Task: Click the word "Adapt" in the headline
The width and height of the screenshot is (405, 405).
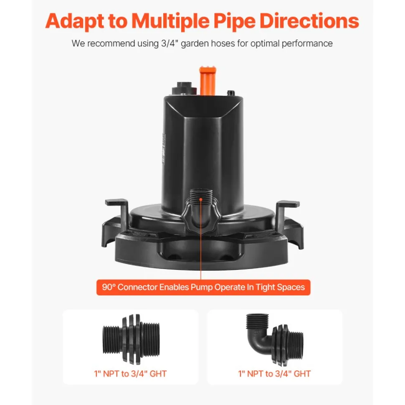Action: [75, 21]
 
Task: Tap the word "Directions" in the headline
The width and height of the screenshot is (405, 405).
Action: [309, 21]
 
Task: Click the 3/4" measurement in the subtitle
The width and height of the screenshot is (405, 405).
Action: [170, 43]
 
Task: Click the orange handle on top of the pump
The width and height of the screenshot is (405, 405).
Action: [208, 81]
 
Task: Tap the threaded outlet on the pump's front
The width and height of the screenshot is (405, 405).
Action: [201, 198]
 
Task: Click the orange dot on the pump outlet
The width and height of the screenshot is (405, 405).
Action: [201, 199]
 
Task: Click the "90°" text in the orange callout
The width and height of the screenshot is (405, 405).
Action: [109, 287]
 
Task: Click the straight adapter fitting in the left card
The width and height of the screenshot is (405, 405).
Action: [131, 339]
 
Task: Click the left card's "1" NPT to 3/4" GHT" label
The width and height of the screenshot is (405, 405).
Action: [130, 374]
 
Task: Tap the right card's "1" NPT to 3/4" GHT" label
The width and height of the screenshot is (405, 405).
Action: [274, 374]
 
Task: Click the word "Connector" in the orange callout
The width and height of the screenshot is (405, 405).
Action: [137, 287]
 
